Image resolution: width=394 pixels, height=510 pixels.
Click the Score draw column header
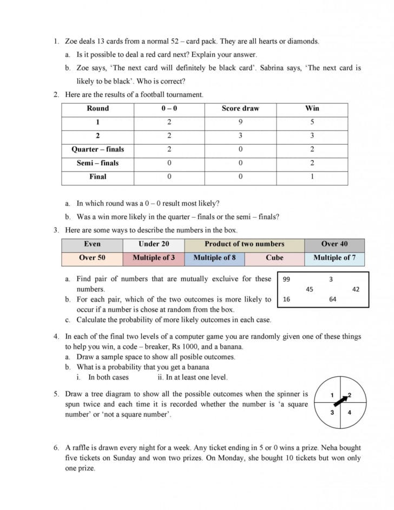pyautogui.click(x=240, y=108)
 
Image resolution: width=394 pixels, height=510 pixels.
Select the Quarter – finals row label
pyautogui.click(x=97, y=149)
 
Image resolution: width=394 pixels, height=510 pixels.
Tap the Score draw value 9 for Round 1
pyautogui.click(x=240, y=122)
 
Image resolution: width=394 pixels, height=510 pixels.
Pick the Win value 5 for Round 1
pyautogui.click(x=312, y=122)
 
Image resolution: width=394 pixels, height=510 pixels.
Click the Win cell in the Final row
pyautogui.click(x=312, y=176)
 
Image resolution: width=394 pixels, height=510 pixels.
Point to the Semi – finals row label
pyautogui.click(x=97, y=163)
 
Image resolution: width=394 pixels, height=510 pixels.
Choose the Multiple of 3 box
pyautogui.click(x=154, y=258)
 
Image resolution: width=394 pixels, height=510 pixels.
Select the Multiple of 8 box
pyautogui.click(x=214, y=258)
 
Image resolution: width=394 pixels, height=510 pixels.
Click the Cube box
pyautogui.click(x=274, y=258)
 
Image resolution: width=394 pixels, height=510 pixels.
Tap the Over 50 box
pyautogui.click(x=92, y=258)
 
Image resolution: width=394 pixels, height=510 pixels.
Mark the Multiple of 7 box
pyautogui.click(x=334, y=258)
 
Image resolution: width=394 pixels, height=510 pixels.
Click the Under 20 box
pyautogui.click(x=154, y=244)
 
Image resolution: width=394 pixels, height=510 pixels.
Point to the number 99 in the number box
pyautogui.click(x=287, y=279)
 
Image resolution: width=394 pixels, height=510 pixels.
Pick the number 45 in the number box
pyautogui.click(x=310, y=290)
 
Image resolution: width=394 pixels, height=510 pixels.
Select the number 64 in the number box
pyautogui.click(x=332, y=299)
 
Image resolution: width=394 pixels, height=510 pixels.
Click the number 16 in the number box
pyautogui.click(x=286, y=299)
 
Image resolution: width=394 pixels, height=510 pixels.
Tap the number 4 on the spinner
pyautogui.click(x=349, y=413)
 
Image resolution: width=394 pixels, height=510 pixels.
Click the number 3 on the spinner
pyautogui.click(x=332, y=413)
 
